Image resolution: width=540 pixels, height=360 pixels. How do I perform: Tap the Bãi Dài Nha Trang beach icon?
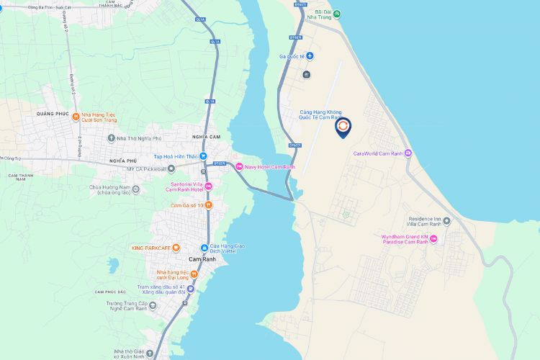(337, 14)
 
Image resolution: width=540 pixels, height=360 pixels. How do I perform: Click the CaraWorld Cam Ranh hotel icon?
(408, 153)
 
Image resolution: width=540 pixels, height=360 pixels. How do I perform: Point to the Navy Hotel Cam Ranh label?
(270, 166)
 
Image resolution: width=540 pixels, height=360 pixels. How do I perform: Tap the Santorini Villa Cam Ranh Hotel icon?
(209, 186)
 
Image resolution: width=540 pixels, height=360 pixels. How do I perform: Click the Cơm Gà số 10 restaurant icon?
(208, 205)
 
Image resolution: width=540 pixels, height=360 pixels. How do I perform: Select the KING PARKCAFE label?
(150, 248)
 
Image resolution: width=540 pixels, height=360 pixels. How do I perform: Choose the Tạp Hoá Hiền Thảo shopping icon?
(204, 156)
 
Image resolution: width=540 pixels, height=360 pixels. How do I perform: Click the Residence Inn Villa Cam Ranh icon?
(446, 221)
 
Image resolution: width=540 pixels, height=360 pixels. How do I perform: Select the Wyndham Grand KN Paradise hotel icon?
(433, 238)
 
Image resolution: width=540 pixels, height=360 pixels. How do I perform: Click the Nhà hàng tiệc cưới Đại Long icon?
(194, 274)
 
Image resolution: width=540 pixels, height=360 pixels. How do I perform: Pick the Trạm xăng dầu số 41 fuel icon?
(191, 289)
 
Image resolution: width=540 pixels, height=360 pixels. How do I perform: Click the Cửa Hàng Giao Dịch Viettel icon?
(204, 249)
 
